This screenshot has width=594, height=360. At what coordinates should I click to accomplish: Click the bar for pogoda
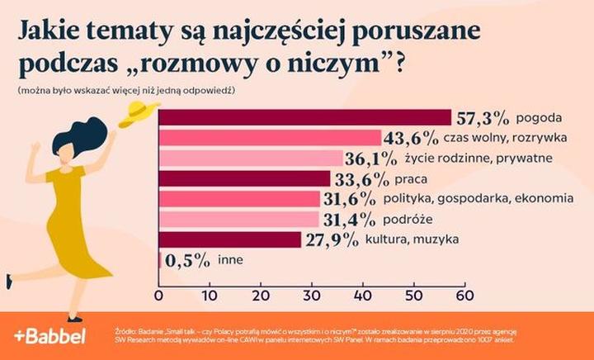tap(304, 118)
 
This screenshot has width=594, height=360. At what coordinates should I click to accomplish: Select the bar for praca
tap(243, 179)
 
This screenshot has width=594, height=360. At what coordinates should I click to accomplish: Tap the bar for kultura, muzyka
tap(229, 240)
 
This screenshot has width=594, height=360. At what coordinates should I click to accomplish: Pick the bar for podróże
tap(238, 220)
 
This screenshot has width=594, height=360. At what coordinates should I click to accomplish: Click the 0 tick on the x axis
tap(158, 296)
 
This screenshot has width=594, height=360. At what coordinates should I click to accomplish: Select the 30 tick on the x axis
tap(312, 296)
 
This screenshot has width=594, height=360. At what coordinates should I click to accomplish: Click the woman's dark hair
tap(82, 140)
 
